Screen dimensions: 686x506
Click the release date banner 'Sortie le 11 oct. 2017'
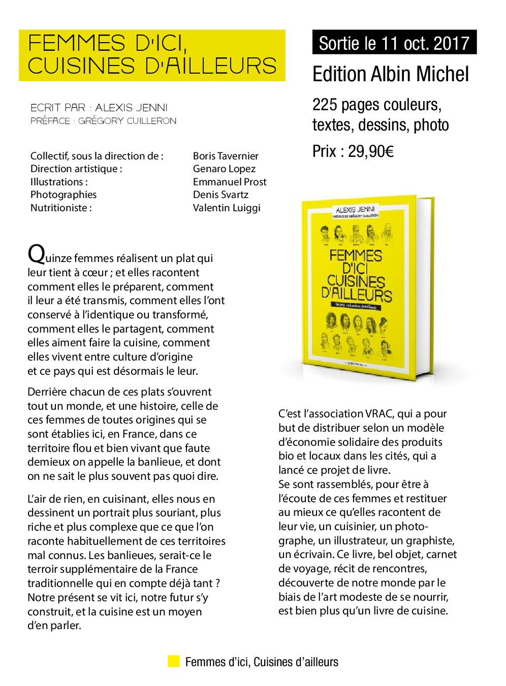[394, 43]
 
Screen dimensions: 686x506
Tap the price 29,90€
[370, 151]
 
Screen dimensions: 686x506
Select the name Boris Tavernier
[226, 156]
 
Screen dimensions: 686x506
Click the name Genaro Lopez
[224, 169]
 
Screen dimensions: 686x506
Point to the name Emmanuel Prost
[230, 182]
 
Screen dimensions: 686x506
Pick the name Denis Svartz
[220, 194]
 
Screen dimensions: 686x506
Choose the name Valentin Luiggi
[227, 208]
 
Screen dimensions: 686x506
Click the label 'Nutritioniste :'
[61, 208]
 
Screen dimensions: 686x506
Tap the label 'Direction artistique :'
[76, 169]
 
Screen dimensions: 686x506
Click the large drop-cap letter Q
[36, 253]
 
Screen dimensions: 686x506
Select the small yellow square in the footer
[174, 661]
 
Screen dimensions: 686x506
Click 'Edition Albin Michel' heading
[390, 74]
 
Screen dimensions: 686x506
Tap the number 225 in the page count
[325, 105]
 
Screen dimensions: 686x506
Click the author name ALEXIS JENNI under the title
[131, 108]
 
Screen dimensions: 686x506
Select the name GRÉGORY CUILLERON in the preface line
[127, 121]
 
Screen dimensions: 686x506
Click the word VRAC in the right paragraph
[379, 414]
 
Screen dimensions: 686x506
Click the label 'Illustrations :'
[59, 182]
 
